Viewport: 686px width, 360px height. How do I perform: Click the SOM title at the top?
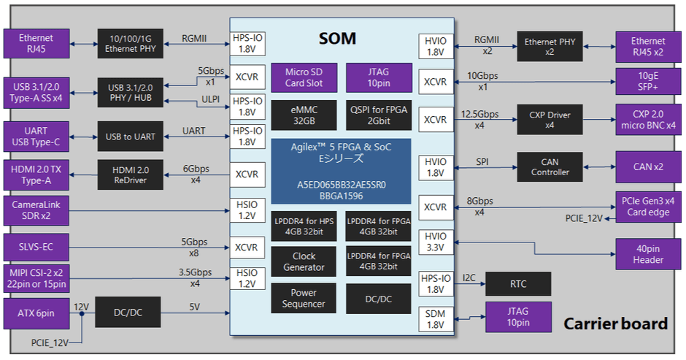coord(337,39)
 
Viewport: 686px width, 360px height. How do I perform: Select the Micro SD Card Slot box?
coord(304,77)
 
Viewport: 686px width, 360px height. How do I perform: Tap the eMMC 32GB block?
coord(304,115)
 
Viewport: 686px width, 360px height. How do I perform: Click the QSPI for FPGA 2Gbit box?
coord(378,115)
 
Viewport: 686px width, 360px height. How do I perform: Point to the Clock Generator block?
coord(304,261)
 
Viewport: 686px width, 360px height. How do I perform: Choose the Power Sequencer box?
coord(304,299)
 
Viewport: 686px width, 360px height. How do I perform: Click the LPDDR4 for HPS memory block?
coord(304,226)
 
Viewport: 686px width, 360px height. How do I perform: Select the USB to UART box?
coord(129,137)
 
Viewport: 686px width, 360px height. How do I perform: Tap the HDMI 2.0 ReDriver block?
coord(129,175)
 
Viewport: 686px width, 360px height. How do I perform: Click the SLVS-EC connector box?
coord(37,248)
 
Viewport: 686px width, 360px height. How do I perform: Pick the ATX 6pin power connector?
coord(37,313)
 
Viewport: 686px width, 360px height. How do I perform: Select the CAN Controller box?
coord(550,167)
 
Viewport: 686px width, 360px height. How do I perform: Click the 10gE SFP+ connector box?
coord(648,81)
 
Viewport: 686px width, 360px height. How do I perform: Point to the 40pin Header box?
coord(648,254)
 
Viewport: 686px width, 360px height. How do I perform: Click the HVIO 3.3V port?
coord(436,242)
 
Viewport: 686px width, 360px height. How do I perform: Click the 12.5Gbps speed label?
coord(480,115)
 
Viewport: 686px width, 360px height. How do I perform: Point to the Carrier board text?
coord(615,324)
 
